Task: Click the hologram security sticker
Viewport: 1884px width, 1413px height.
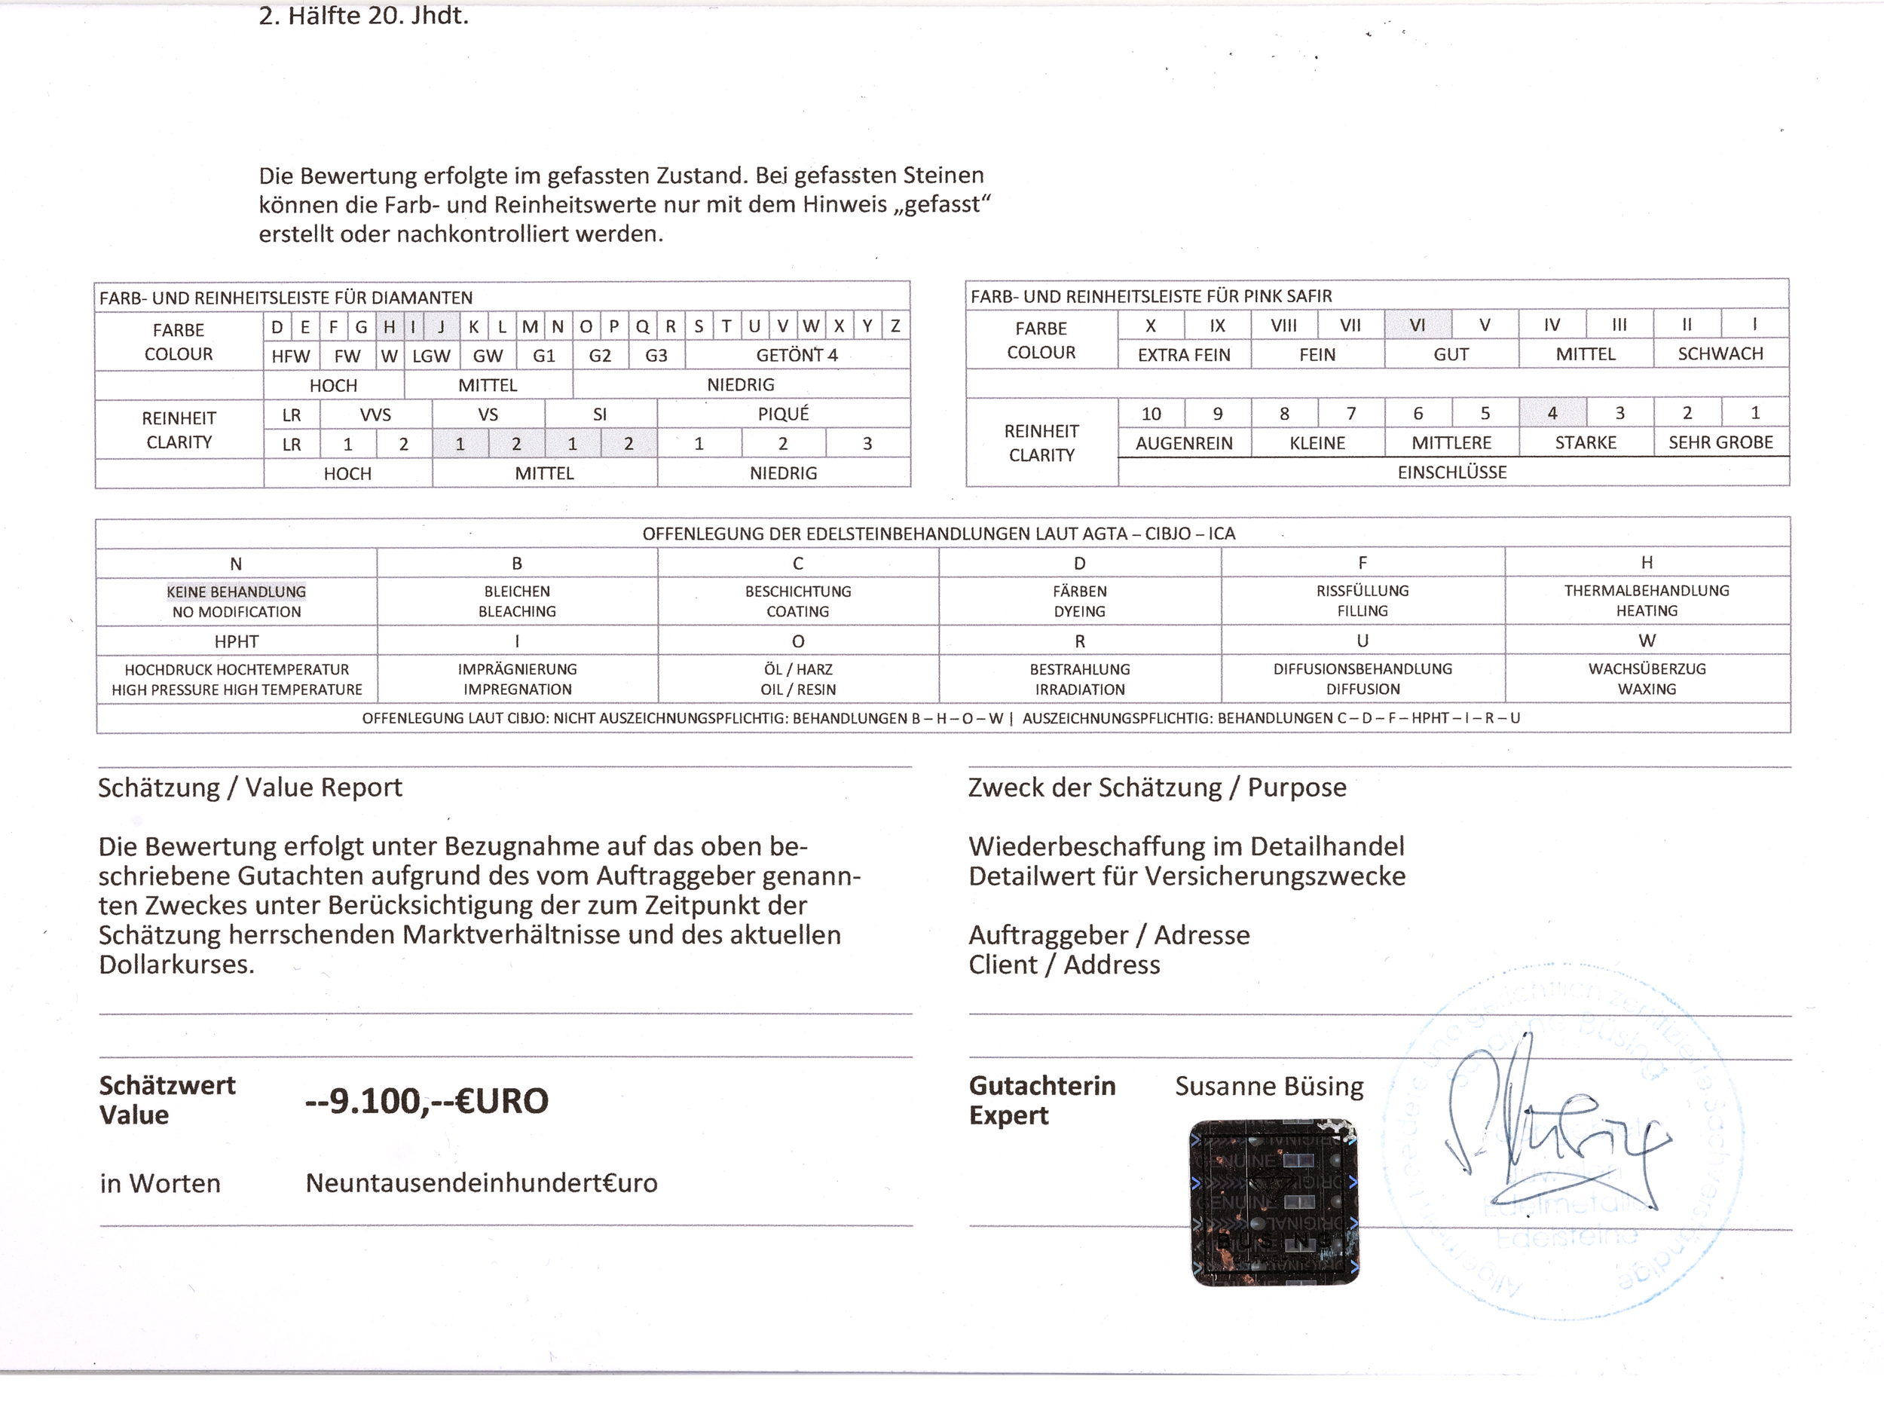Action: [1274, 1202]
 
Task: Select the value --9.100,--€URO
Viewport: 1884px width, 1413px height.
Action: [427, 1101]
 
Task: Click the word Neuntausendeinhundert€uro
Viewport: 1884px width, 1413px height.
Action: [482, 1183]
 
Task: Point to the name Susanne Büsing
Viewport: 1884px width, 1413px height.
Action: [1269, 1086]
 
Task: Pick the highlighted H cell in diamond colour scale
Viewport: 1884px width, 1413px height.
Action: [390, 326]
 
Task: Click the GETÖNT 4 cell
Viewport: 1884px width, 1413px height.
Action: [797, 355]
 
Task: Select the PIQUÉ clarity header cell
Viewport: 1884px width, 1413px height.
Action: [783, 414]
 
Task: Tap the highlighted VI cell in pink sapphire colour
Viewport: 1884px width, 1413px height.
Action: [1418, 326]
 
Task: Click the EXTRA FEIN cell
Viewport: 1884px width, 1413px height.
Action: [1184, 355]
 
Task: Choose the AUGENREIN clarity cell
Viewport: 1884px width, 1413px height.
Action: [1184, 443]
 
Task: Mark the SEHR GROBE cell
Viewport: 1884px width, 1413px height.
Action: [1720, 443]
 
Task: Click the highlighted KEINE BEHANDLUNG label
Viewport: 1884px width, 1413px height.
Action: [236, 591]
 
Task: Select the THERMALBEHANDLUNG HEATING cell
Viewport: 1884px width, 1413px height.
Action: [1647, 601]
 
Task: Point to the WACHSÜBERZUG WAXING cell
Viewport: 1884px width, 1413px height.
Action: [1647, 679]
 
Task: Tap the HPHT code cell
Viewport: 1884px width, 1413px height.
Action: [236, 641]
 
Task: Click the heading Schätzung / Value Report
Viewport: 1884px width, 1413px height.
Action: [249, 788]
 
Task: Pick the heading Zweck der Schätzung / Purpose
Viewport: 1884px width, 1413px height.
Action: [1157, 788]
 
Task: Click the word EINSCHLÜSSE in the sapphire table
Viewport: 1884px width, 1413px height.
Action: [1452, 473]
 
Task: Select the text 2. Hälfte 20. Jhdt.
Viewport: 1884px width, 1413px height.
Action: [364, 16]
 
